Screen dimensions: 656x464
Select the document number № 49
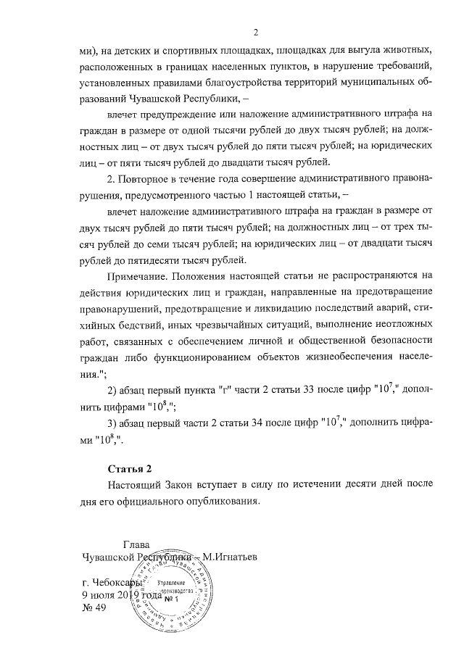tap(95, 608)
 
